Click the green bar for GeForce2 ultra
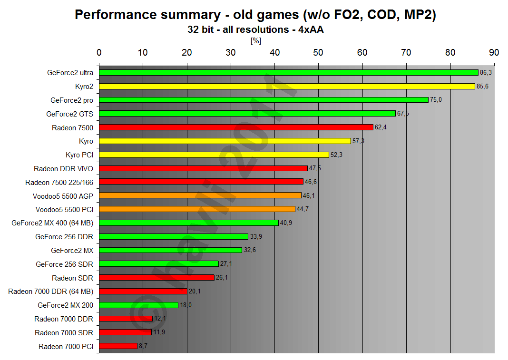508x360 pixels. (x=288, y=73)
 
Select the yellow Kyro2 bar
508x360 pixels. (x=287, y=87)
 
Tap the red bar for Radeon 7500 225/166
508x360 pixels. (x=201, y=182)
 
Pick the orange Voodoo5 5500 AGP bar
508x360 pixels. (x=200, y=195)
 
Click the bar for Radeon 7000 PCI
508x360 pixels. (x=118, y=346)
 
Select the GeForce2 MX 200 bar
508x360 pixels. (x=138, y=305)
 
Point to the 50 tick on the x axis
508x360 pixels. (x=319, y=52)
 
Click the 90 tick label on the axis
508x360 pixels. (x=494, y=52)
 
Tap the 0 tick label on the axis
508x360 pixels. (x=99, y=52)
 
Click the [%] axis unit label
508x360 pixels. (x=255, y=41)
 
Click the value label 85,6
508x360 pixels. (x=483, y=87)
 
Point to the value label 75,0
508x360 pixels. (x=436, y=100)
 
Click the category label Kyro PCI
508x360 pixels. (x=79, y=155)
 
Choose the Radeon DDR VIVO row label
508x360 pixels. (x=63, y=168)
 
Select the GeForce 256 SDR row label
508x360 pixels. (x=64, y=264)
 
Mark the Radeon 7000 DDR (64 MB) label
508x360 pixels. (x=50, y=292)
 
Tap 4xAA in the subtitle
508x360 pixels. (x=310, y=29)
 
